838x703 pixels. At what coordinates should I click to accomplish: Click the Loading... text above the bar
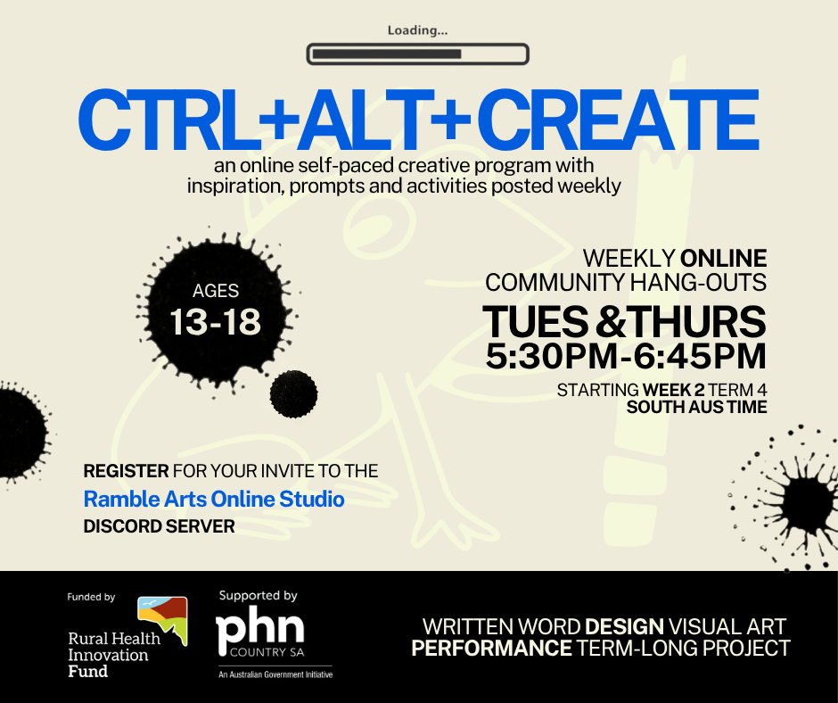417,30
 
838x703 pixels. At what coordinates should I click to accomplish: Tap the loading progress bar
417,54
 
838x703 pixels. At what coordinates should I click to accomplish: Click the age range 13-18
216,322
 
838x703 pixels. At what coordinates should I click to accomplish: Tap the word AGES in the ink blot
216,291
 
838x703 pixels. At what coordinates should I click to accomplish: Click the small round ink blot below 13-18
293,394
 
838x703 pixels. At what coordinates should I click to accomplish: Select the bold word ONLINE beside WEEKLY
724,259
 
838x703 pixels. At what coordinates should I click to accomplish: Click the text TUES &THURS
624,322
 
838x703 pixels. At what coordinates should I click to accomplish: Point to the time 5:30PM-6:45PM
626,356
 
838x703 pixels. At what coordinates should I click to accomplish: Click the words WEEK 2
673,390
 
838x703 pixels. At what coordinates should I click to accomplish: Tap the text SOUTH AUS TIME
697,407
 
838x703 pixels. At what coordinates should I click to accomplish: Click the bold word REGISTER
126,471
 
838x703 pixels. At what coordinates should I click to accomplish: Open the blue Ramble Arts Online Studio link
214,500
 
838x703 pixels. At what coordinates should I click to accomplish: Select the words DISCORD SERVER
160,526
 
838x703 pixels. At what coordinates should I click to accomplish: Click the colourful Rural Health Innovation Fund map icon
162,619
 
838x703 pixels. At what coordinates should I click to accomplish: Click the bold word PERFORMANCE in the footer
492,649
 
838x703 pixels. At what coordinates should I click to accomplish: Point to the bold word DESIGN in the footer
624,626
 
